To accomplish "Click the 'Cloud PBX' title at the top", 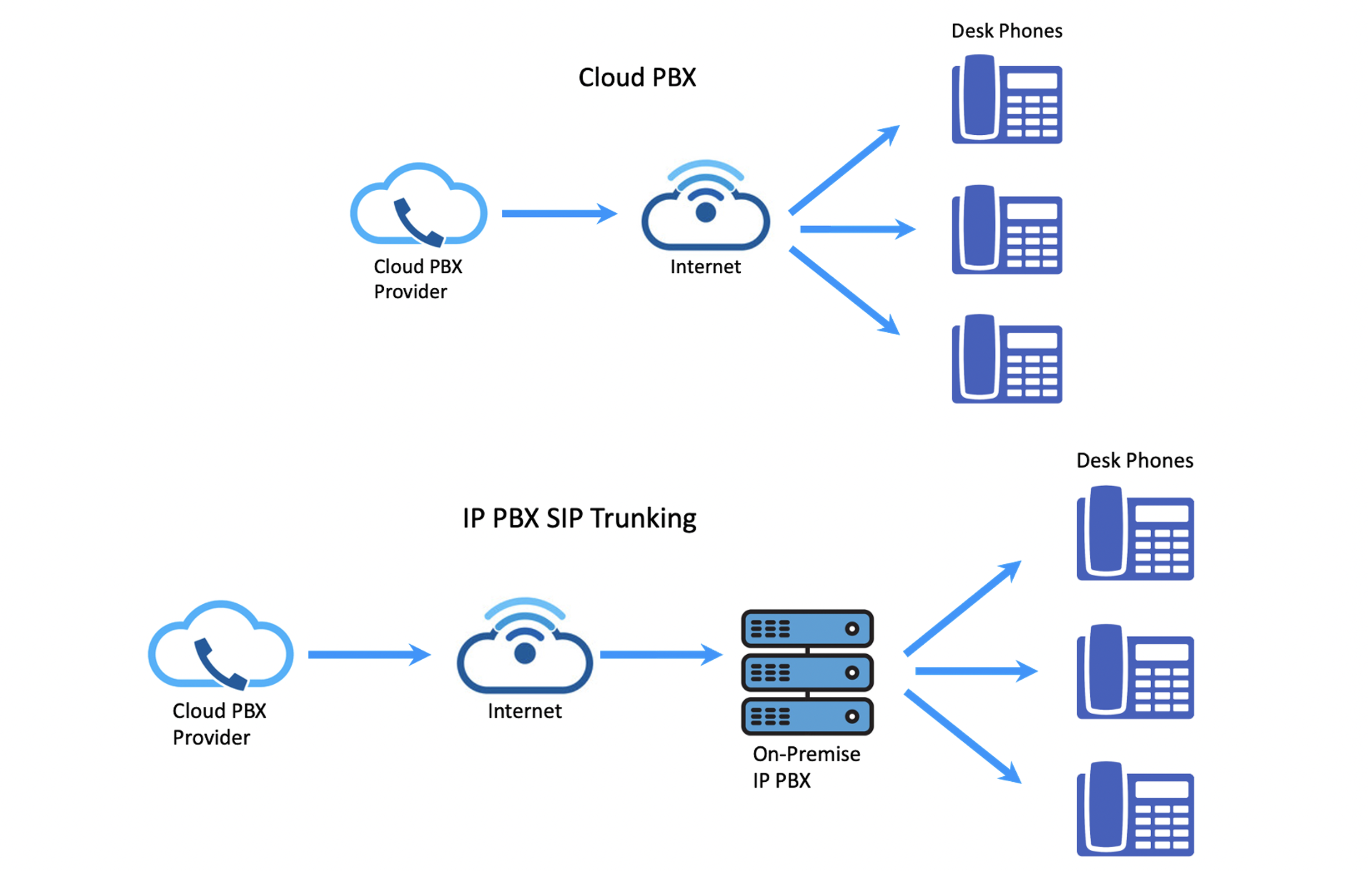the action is pos(637,77).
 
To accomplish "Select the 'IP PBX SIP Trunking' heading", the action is pos(579,518).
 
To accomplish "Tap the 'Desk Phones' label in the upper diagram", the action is pos(1006,30).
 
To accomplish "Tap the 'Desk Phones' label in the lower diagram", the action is pos(1135,460).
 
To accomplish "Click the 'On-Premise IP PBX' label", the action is pos(806,767).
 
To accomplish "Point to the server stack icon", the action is pos(807,673).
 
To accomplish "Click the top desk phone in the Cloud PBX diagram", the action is pos(1006,99).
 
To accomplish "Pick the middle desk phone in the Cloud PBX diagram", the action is pos(1006,230).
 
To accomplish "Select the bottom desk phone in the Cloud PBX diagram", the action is pos(1006,359).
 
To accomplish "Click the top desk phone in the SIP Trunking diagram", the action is pos(1135,533).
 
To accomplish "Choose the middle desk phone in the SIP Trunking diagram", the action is pos(1135,671).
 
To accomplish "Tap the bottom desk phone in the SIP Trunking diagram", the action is pos(1135,809).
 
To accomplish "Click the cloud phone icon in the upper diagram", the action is pos(419,205).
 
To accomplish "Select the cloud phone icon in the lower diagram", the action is pos(221,645).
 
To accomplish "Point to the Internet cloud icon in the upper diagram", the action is pos(705,205).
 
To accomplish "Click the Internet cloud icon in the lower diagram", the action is pos(525,645).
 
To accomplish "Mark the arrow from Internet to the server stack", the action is pos(662,655).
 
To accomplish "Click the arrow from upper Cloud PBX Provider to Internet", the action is pos(560,213).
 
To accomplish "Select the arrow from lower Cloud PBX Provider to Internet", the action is pos(370,655).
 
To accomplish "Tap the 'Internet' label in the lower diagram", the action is pos(525,711).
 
